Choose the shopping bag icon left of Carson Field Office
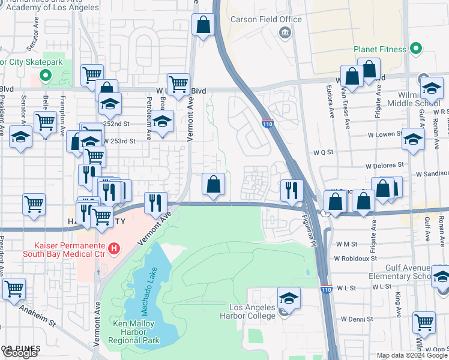(x=203, y=25)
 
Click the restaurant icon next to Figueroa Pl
(x=291, y=190)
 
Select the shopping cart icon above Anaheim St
(x=13, y=289)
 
